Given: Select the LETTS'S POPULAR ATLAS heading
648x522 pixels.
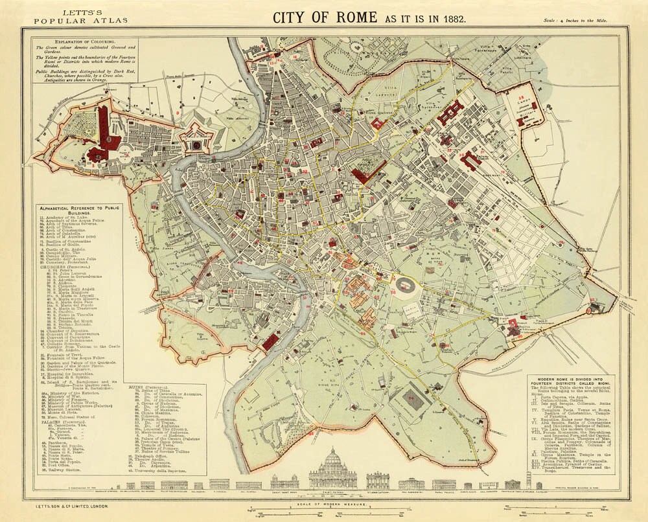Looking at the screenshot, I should click(71, 16).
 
